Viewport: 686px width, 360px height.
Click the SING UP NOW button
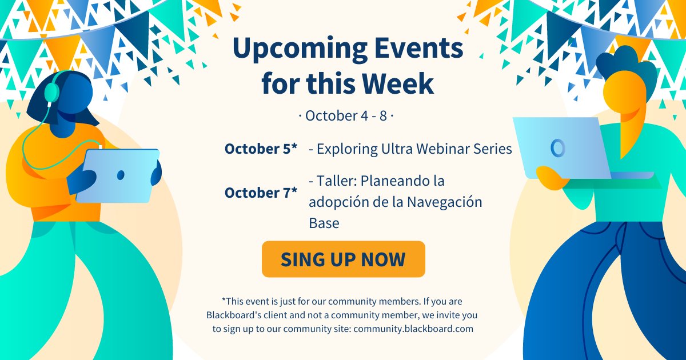coord(343,259)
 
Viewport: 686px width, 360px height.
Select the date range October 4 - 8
coord(346,115)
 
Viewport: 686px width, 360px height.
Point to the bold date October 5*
coord(261,149)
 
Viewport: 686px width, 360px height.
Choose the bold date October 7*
coord(261,193)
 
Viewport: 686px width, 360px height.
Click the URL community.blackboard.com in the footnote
coord(413,329)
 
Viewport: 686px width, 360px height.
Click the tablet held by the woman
coord(118,175)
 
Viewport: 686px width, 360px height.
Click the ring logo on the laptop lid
coord(557,147)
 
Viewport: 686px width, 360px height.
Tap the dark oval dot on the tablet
coord(121,175)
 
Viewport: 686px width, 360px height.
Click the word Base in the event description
coord(324,223)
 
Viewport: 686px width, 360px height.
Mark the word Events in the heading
coord(419,50)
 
